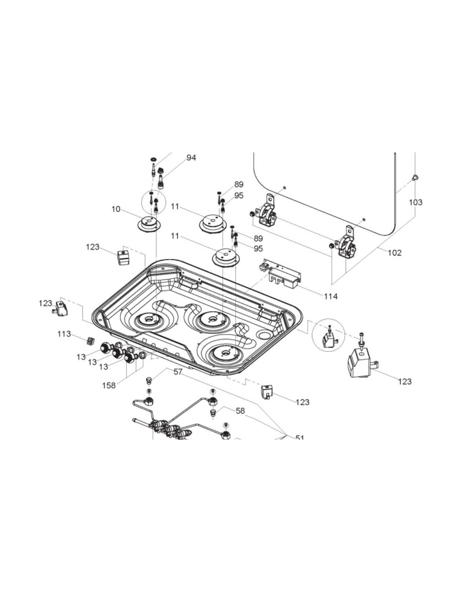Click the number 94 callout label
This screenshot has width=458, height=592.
pyautogui.click(x=191, y=158)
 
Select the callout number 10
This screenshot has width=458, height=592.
pyautogui.click(x=116, y=209)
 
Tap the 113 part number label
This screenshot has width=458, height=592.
pyautogui.click(x=64, y=334)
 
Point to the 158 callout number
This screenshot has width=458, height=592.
pyautogui.click(x=109, y=386)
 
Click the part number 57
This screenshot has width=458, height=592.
pyautogui.click(x=178, y=372)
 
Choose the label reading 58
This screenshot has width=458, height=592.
pyautogui.click(x=240, y=411)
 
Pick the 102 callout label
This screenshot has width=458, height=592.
pyautogui.click(x=395, y=252)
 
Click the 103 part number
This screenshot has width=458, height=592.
pyautogui.click(x=416, y=202)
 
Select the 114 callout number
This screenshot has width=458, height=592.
pyautogui.click(x=331, y=296)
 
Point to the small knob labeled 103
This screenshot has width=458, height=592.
pyautogui.click(x=415, y=178)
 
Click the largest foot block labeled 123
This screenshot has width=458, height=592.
pyautogui.click(x=361, y=363)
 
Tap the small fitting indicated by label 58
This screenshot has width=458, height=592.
pyautogui.click(x=212, y=413)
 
